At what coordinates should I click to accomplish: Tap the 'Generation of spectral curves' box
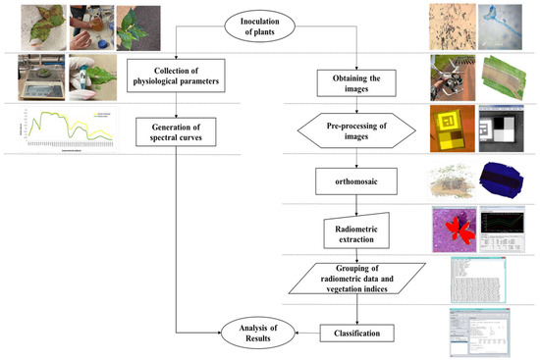(177, 131)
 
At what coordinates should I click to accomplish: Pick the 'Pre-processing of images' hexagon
(362, 130)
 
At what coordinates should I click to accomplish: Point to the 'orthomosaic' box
(362, 180)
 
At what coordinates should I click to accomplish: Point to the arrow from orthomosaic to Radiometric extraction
(362, 203)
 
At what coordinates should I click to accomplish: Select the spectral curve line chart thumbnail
(59, 130)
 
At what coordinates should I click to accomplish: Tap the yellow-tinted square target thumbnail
(452, 128)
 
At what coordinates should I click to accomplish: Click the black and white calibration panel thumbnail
(508, 128)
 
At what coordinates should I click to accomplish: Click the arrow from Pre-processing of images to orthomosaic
(362, 157)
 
